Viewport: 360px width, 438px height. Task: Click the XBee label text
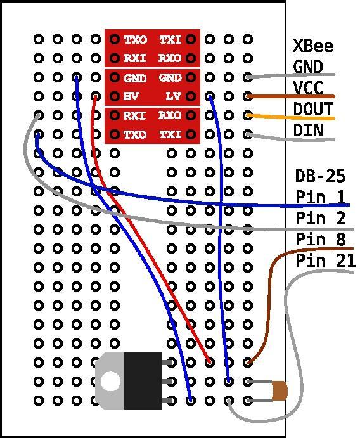point(313,46)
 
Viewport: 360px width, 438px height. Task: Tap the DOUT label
point(313,108)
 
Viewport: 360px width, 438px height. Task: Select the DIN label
point(308,130)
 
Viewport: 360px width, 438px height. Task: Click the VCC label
point(308,87)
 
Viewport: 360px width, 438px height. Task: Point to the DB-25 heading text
point(320,176)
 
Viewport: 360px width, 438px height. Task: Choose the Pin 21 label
point(325,261)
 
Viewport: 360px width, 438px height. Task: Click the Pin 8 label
point(321,239)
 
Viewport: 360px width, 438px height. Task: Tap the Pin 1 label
point(321,196)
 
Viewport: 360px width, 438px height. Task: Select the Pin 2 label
point(321,218)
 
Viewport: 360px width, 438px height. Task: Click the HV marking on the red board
point(131,96)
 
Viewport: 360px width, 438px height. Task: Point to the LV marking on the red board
point(173,96)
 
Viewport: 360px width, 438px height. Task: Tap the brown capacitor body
point(280,391)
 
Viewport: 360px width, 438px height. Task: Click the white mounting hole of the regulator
point(110,382)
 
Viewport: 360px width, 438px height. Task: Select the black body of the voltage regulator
point(143,382)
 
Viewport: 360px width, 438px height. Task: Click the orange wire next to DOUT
point(290,117)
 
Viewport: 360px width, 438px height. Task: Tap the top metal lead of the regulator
point(167,363)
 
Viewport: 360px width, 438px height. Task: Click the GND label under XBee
point(308,67)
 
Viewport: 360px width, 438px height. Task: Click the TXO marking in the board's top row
point(135,40)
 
